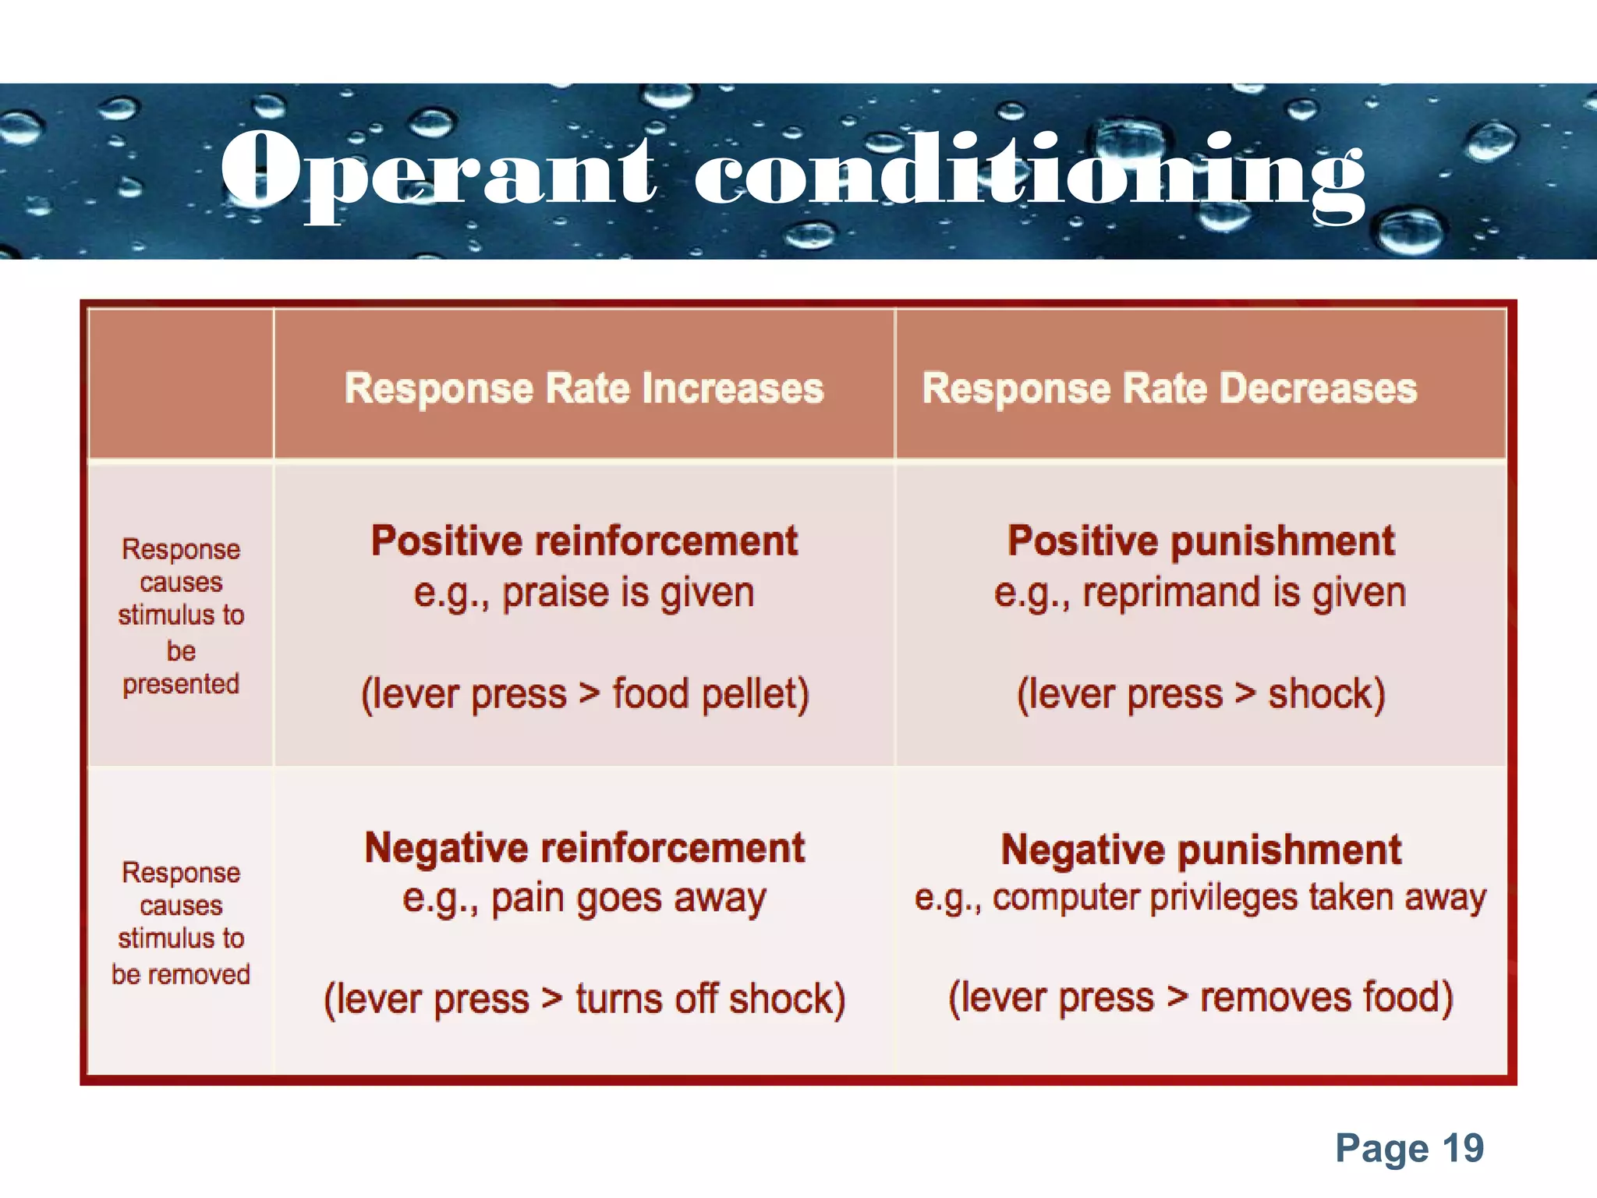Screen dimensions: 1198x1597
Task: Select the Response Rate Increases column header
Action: click(584, 388)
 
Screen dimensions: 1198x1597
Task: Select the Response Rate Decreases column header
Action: click(1170, 388)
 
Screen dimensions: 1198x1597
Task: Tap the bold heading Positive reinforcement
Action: click(584, 541)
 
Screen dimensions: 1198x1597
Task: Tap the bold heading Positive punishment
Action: click(1201, 541)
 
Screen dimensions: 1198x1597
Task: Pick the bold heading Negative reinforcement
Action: click(584, 849)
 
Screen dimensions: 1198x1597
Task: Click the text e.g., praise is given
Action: click(584, 594)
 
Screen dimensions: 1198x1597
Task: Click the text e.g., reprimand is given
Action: click(1200, 594)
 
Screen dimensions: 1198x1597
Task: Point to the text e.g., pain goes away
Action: click(584, 899)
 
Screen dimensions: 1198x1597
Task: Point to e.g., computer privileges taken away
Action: click(1200, 898)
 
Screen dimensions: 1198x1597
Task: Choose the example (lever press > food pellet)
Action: click(585, 694)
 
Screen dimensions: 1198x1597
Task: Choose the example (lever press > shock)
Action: click(1201, 694)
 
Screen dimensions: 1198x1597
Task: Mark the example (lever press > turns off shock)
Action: click(585, 999)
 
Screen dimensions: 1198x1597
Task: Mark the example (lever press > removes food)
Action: click(1201, 998)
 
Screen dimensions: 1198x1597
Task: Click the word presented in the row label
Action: click(181, 684)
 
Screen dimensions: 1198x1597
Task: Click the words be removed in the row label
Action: click(181, 974)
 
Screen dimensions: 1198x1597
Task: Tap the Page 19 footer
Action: click(1409, 1148)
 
